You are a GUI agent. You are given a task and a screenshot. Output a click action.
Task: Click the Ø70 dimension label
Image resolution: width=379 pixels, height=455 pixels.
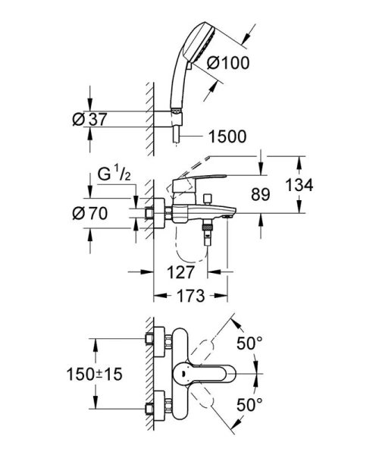point(89,214)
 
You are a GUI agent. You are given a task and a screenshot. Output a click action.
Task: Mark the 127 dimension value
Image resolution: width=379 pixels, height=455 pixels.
point(182,271)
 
